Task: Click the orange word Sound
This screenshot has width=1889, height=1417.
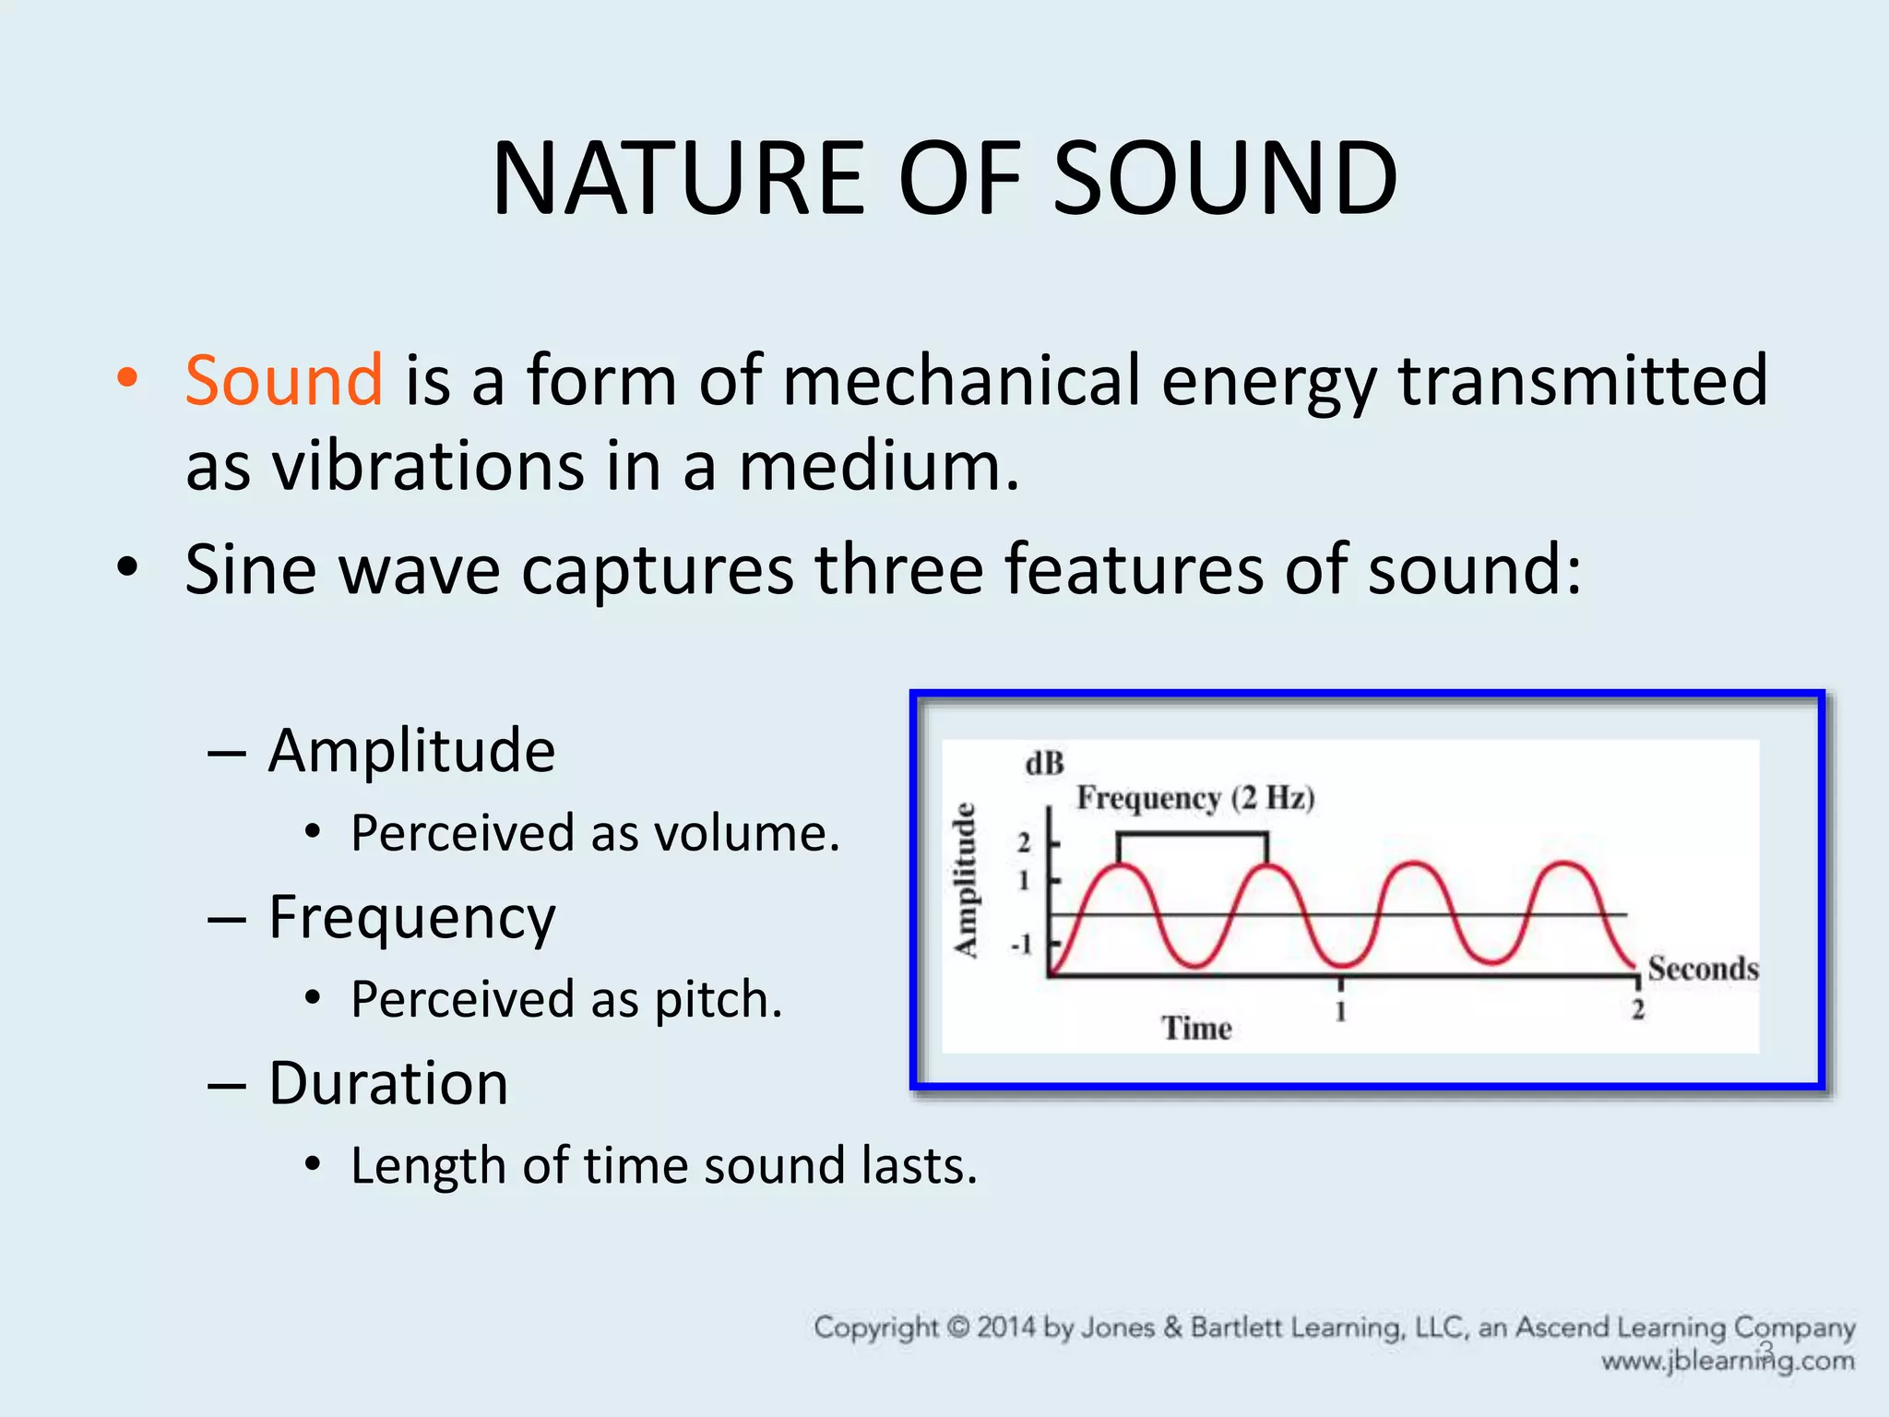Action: point(283,380)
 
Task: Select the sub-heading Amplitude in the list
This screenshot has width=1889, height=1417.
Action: point(411,750)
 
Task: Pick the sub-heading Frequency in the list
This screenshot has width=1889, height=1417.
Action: point(411,918)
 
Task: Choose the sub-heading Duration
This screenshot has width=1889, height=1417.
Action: point(388,1083)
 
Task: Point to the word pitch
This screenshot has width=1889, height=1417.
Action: point(718,1000)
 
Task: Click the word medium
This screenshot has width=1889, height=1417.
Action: point(878,466)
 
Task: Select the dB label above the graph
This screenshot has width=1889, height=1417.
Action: point(1044,764)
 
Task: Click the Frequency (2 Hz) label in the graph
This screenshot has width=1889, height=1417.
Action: point(1195,797)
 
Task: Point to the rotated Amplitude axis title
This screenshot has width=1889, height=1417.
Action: point(965,880)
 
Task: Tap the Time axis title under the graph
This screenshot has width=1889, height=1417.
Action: point(1196,1028)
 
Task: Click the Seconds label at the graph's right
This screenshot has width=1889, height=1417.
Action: point(1703,969)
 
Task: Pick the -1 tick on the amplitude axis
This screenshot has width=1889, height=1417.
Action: point(1021,945)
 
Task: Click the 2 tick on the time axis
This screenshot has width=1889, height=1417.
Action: point(1637,1010)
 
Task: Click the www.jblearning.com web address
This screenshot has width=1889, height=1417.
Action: point(1727,1362)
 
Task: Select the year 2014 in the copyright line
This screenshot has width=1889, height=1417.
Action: point(1006,1328)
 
